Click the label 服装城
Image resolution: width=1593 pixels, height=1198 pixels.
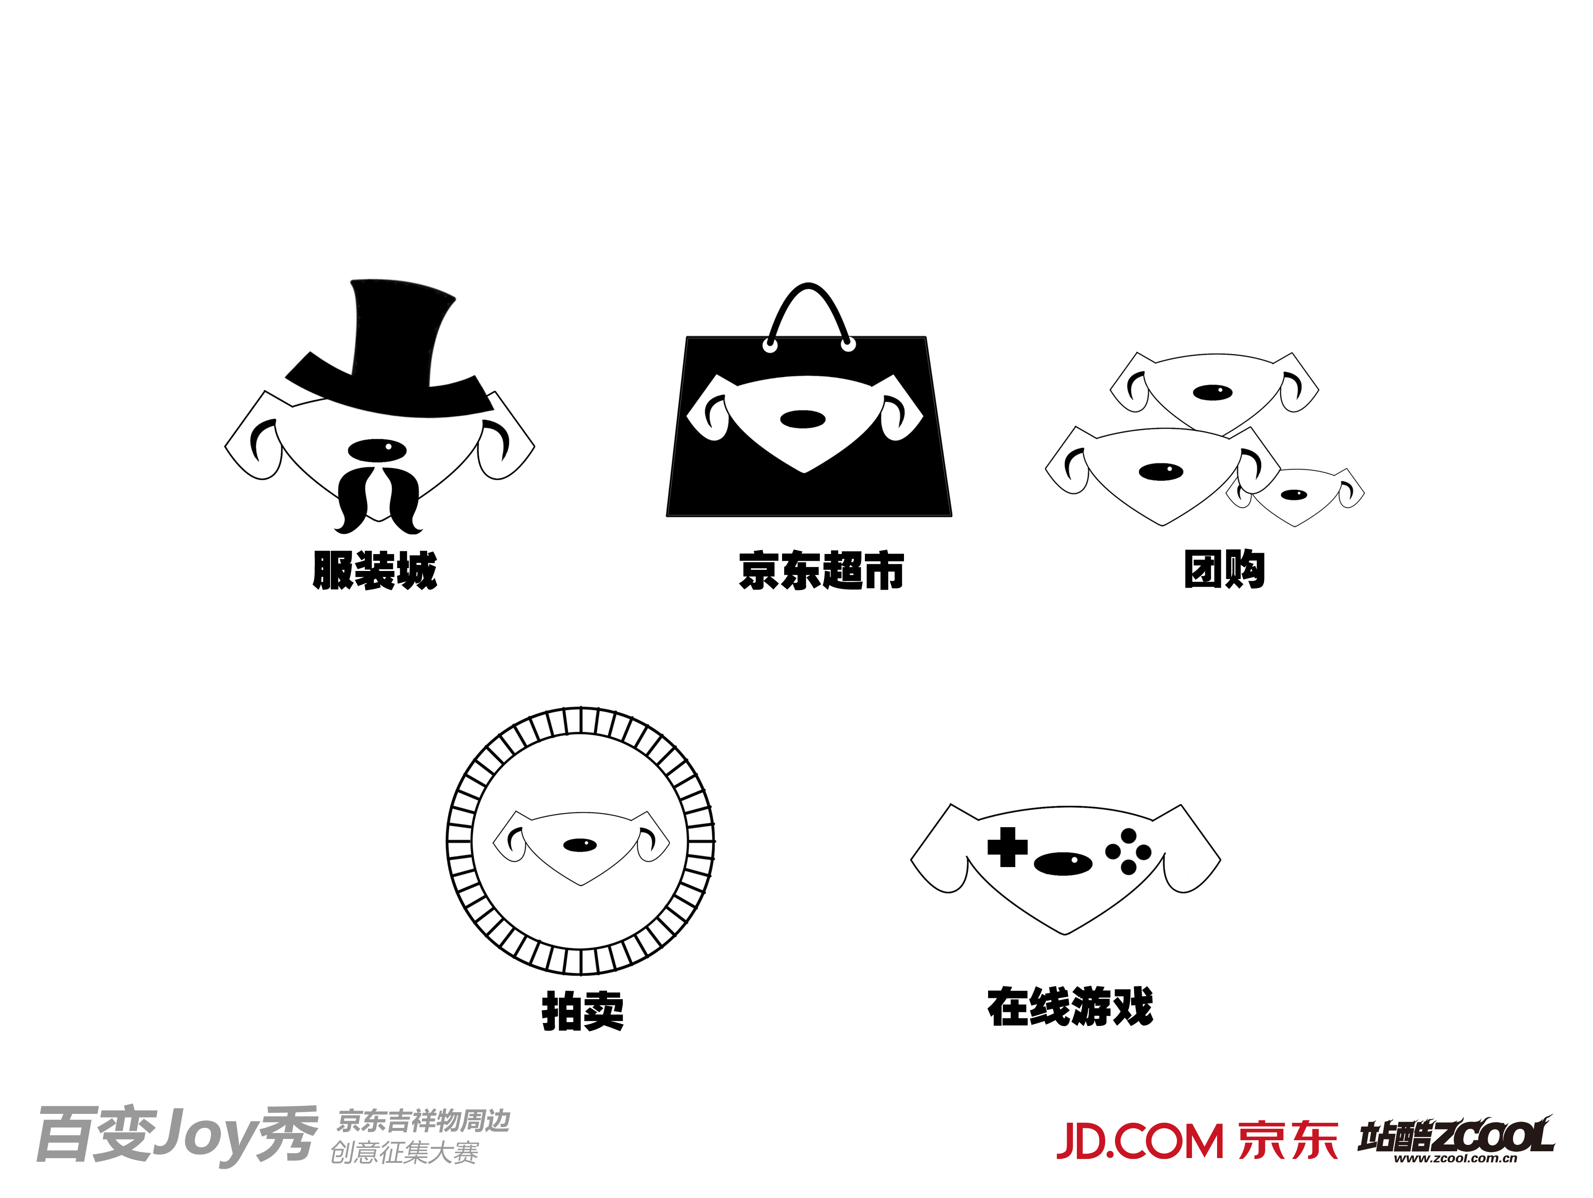(x=375, y=571)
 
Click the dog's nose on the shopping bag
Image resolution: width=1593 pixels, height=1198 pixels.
(x=802, y=419)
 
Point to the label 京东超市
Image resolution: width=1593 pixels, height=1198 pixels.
(x=821, y=571)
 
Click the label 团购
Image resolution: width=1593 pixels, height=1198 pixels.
(x=1224, y=569)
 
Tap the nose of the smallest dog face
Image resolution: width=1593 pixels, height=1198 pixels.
(x=1294, y=495)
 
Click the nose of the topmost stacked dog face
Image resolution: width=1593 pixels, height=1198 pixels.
(x=1213, y=393)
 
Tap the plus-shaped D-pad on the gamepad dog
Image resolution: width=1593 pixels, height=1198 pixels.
(x=1007, y=848)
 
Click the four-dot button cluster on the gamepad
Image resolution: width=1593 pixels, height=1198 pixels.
(x=1129, y=851)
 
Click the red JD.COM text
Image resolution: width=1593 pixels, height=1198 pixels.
(x=1140, y=1142)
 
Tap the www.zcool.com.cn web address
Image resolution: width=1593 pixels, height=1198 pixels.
(x=1455, y=1159)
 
